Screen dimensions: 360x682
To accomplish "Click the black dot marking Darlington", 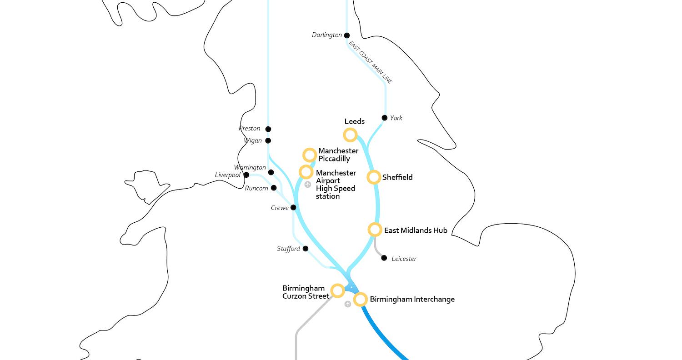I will pos(347,35).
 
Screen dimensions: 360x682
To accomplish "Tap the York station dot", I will pos(385,118).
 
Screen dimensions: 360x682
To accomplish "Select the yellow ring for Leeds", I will pos(350,135).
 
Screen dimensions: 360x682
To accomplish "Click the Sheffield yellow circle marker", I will pos(374,177).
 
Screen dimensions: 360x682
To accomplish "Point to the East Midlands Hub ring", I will pos(375,230).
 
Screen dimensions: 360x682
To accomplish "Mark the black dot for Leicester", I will pos(384,258).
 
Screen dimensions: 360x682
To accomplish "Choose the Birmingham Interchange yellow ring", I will pos(361,300).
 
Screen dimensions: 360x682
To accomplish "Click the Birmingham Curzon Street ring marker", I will pos(337,290).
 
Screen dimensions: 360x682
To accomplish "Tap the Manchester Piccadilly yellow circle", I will pos(310,155).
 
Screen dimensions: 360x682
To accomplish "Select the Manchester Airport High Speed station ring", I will pos(306,172).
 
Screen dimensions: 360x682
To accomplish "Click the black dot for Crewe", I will pos(293,208).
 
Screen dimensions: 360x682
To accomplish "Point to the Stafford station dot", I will pos(306,249).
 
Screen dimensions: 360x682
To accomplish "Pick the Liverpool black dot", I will pos(246,175).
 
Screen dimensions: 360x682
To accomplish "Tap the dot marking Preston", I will pos(268,129).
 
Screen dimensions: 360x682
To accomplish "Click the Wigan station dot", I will pos(268,141).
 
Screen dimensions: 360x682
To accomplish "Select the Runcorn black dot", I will pos(274,188).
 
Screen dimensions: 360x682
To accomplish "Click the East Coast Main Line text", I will pos(371,62).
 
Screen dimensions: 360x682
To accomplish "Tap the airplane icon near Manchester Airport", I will pos(308,185).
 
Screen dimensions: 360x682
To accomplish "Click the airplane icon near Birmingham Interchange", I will pos(348,304).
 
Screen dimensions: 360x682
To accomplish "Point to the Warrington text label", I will pos(250,167).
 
